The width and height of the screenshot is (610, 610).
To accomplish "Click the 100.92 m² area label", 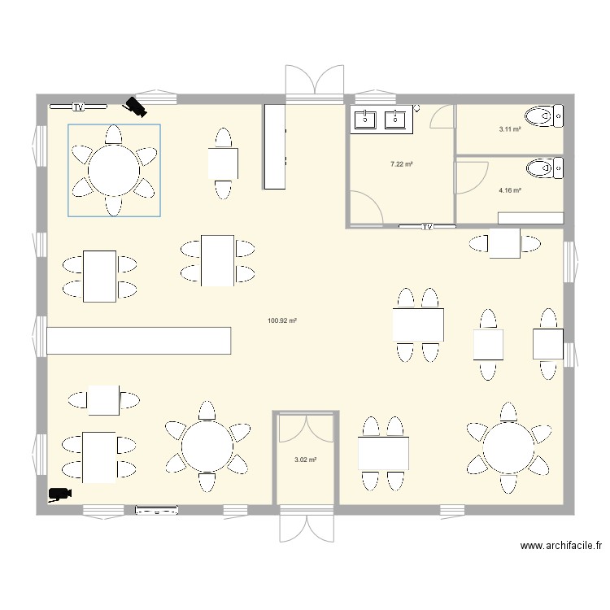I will [x=281, y=320].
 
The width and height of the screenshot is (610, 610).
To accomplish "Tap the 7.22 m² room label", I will [x=401, y=163].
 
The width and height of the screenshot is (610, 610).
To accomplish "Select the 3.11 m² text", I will [x=510, y=129].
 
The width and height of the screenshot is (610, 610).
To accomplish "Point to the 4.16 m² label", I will [x=510, y=190].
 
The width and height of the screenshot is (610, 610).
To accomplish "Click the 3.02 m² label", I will [x=305, y=460].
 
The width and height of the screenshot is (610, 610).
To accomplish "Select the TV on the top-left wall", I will [x=78, y=107].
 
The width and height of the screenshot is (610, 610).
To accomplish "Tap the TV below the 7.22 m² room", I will [x=426, y=226].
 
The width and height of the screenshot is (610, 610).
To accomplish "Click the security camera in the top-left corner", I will [x=134, y=106].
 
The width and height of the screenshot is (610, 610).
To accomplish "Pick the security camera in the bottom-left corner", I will [x=59, y=493].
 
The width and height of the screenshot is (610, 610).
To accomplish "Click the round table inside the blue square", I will [x=113, y=171].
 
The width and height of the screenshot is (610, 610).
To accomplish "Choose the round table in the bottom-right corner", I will [x=508, y=447].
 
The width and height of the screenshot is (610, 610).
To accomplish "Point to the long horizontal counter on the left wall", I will [x=139, y=340].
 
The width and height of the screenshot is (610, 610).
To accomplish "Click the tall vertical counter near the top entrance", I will [x=274, y=146].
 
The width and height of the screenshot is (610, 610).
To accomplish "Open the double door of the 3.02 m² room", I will [x=305, y=428].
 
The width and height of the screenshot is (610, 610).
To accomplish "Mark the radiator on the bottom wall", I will [x=156, y=511].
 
